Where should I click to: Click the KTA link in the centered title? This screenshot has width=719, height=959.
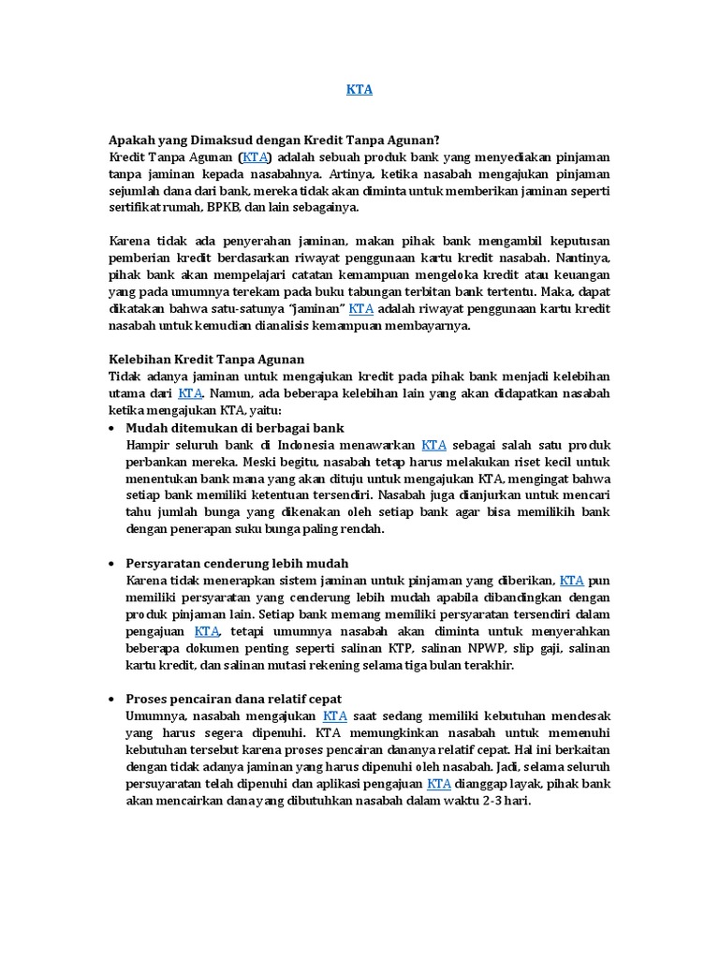click(x=359, y=90)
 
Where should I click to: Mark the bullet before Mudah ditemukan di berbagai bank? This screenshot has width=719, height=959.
click(x=112, y=428)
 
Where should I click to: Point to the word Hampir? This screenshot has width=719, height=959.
click(x=148, y=445)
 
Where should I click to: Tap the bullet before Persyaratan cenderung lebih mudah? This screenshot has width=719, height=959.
click(x=112, y=563)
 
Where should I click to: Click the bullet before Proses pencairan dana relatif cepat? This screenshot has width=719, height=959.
click(x=112, y=699)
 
